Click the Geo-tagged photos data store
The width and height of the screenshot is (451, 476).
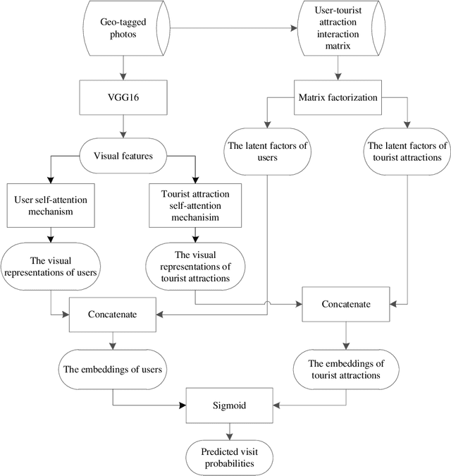tap(123, 29)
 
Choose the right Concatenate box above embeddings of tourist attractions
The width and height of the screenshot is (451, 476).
tap(345, 304)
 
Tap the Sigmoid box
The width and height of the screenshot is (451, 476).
tap(230, 406)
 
